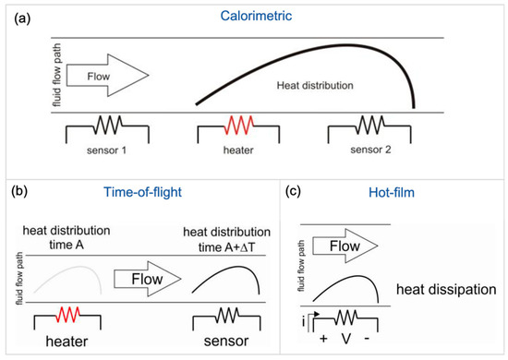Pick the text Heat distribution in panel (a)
click(x=315, y=84)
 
